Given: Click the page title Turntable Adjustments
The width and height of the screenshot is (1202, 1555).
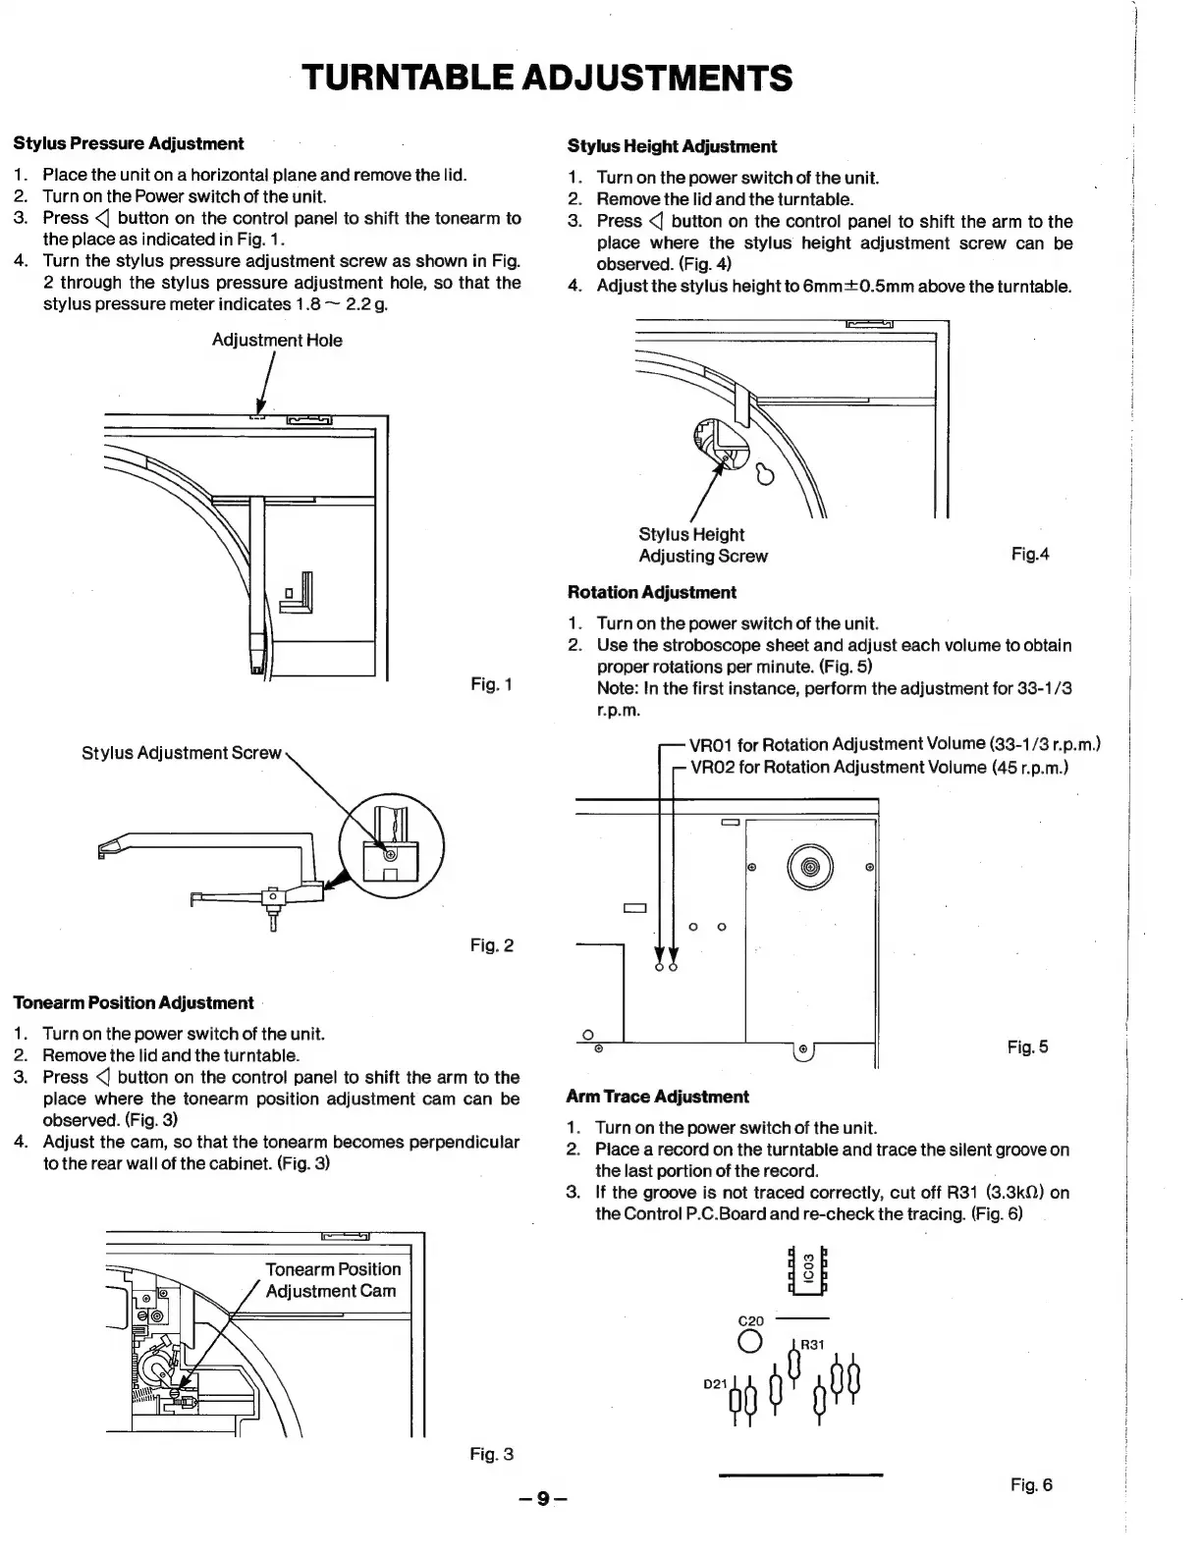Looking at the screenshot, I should coord(547,77).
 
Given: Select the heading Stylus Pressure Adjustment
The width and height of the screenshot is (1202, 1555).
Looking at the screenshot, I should coord(129,143).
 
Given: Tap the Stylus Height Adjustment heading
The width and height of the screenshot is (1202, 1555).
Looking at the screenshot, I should coord(672,146).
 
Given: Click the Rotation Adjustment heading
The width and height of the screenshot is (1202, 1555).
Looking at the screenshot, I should coord(651,592).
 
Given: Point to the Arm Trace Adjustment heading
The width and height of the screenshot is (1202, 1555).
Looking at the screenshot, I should coord(657,1097).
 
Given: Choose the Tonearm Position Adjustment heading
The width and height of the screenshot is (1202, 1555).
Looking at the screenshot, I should coord(133,1002).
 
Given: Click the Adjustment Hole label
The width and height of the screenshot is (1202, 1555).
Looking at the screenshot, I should coord(277,341).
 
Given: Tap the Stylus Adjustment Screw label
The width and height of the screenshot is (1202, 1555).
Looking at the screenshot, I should coord(182,753).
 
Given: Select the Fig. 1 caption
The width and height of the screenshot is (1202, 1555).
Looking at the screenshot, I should coord(491,683).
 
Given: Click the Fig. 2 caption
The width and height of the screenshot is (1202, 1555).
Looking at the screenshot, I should coord(491,945).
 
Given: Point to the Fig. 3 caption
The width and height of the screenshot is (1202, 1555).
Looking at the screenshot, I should coord(491,1454).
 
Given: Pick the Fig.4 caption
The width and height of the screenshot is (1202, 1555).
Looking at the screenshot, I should coord(1030,555).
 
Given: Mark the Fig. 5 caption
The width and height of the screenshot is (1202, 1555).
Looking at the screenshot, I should coord(1027,1047).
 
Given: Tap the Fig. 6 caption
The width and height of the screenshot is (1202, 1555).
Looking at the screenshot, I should coord(1031,1485).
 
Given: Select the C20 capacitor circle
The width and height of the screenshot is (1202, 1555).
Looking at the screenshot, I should coord(750,1342).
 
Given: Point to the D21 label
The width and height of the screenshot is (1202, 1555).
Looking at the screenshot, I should coord(715,1384).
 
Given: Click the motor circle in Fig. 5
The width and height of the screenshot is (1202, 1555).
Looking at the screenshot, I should coord(809,867).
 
